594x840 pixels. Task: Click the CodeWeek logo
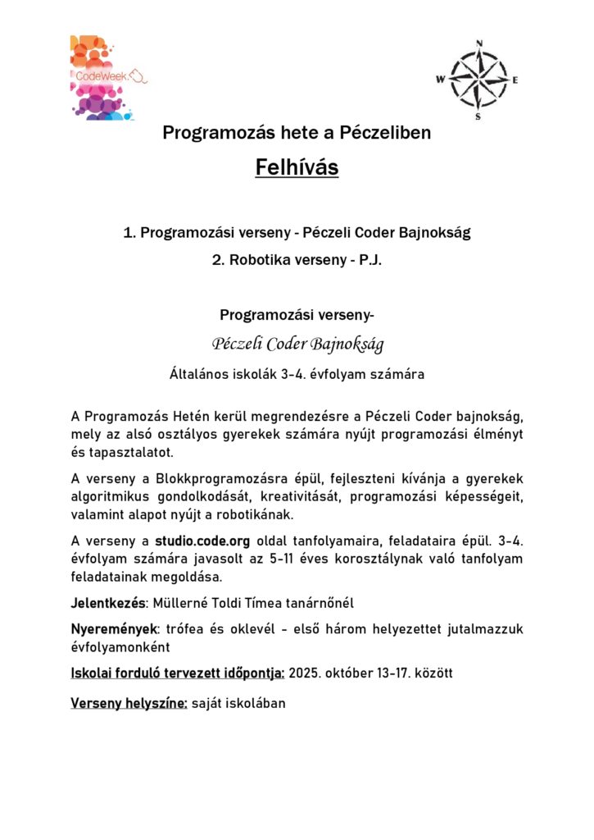pyautogui.click(x=107, y=78)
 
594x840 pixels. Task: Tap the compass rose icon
pyautogui.click(x=478, y=80)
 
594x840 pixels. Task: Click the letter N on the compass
pyautogui.click(x=479, y=43)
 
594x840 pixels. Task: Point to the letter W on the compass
pyautogui.click(x=441, y=80)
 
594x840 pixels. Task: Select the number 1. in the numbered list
pyautogui.click(x=129, y=233)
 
